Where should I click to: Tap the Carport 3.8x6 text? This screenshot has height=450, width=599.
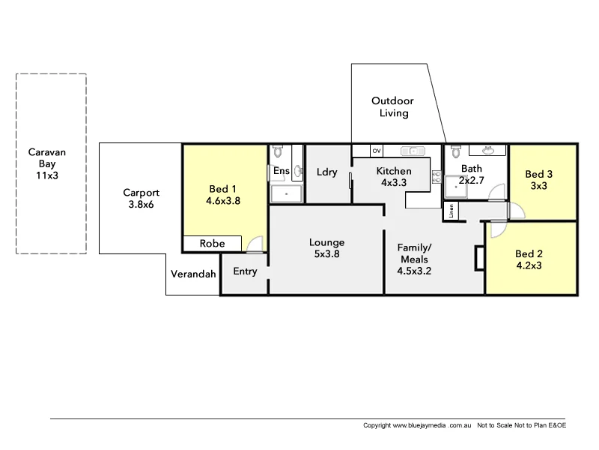click(x=141, y=199)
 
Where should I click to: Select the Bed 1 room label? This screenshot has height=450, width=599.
click(x=222, y=194)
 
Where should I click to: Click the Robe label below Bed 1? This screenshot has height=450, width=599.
click(x=212, y=244)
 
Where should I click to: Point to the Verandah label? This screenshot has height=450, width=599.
click(x=192, y=274)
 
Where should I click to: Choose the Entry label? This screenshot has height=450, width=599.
click(x=245, y=271)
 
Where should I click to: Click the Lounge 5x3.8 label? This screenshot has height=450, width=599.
click(x=326, y=248)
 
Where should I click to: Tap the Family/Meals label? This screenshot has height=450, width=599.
click(x=414, y=259)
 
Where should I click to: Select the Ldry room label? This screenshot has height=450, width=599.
click(x=327, y=172)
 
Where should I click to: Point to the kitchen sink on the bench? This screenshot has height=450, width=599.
click(x=412, y=150)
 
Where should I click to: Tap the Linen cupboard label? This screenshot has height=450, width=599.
click(x=451, y=211)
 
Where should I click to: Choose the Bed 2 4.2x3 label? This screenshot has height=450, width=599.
click(x=529, y=259)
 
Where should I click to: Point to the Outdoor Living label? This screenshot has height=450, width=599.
click(x=393, y=106)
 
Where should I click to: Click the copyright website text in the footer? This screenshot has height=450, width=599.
click(x=416, y=425)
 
